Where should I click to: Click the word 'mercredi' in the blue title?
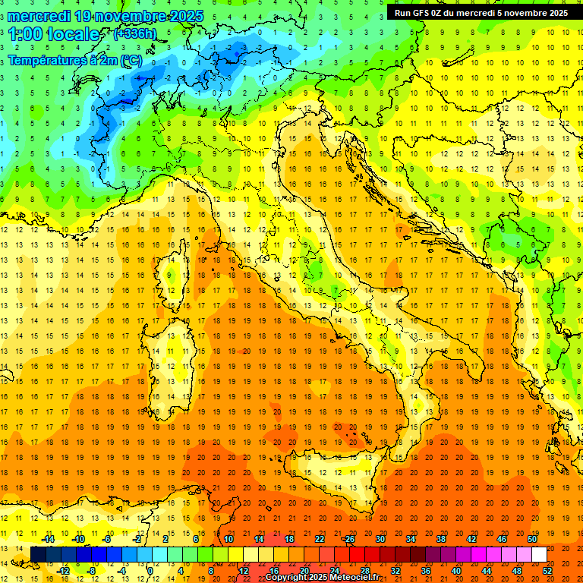tap(39, 15)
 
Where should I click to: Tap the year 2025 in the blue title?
tap(174, 15)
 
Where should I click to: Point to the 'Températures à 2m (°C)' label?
tap(74, 60)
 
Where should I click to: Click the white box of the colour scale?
tap(539, 554)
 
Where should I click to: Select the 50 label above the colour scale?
tap(531, 539)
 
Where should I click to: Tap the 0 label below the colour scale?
tap(150, 570)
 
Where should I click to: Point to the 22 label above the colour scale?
tap(319, 539)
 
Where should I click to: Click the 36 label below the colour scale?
tap(425, 570)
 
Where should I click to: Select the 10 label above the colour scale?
tap(228, 539)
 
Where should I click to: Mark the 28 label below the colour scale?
tap(364, 570)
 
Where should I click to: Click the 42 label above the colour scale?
tap(471, 539)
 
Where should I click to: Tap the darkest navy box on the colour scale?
tap(38, 554)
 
